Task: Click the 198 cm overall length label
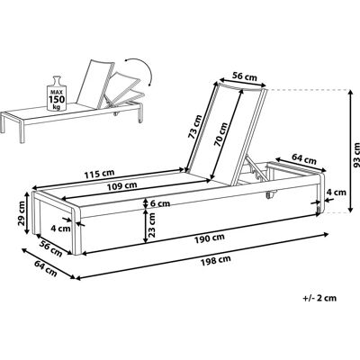click(216, 260)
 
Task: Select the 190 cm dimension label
click(209, 238)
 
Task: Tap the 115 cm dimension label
click(99, 173)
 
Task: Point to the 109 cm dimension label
click(122, 185)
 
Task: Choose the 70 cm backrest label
click(221, 134)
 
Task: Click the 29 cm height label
click(22, 214)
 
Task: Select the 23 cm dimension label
click(152, 225)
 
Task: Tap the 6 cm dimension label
click(160, 203)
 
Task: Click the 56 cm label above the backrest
click(245, 76)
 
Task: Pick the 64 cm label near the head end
click(304, 159)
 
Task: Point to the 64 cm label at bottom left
click(46, 268)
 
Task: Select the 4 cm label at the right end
click(337, 192)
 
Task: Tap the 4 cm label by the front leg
click(60, 229)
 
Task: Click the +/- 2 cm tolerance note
click(319, 298)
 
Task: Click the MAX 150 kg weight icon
click(56, 94)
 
